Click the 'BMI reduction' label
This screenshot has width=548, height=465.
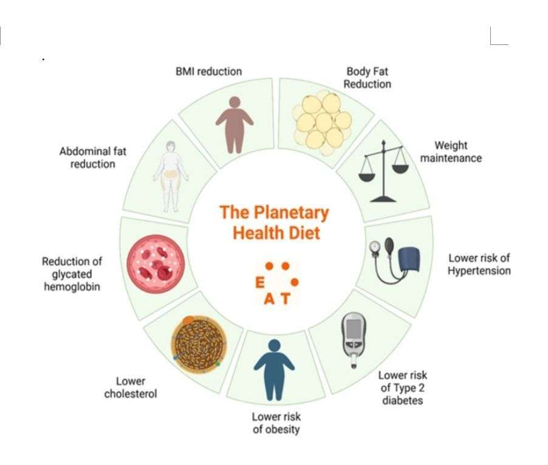[x=208, y=71]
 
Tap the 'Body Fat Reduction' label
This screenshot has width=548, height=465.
[x=367, y=78]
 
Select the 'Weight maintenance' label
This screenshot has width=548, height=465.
[x=451, y=151]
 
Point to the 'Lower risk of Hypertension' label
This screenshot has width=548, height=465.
[x=479, y=264]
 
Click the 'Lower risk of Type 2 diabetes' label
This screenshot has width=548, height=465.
[x=402, y=388]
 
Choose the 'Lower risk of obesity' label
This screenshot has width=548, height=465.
[x=276, y=423]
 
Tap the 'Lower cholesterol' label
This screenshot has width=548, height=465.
[x=130, y=387]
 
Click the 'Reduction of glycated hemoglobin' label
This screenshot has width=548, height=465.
[x=72, y=274]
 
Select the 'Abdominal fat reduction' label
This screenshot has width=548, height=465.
[x=92, y=157]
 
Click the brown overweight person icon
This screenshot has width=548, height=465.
[x=234, y=124]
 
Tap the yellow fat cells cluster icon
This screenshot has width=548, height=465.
[x=322, y=120]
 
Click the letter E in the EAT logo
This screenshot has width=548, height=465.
[x=260, y=283]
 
